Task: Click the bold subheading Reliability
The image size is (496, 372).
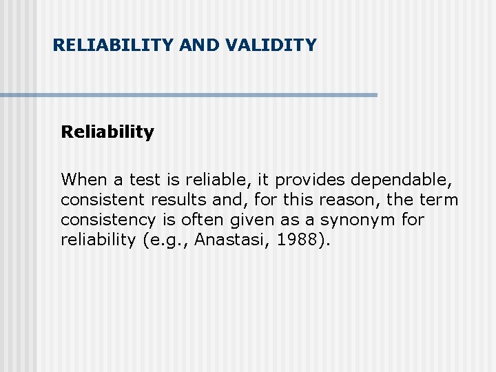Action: [x=107, y=132]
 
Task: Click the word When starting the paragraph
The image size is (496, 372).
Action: [x=83, y=180]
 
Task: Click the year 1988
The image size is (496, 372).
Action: [x=297, y=240]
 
